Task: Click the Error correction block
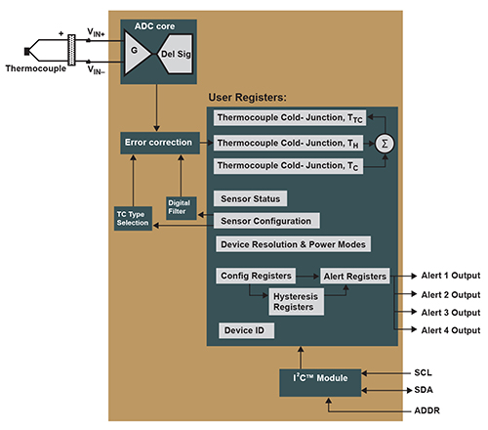[160, 143]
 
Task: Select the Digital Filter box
[182, 208]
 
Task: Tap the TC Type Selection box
[133, 218]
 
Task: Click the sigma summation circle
[385, 144]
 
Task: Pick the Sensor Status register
[250, 198]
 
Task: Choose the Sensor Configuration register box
[266, 221]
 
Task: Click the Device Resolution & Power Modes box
[293, 244]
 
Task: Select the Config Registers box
[256, 276]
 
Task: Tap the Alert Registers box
[355, 277]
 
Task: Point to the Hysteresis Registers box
[296, 302]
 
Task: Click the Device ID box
[246, 330]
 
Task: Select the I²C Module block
[320, 383]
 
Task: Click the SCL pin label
[423, 372]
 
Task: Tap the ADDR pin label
[427, 410]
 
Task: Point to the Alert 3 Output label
[451, 313]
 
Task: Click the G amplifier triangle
[135, 53]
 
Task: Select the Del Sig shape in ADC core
[175, 54]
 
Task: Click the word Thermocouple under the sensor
[36, 68]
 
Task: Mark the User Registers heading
[247, 98]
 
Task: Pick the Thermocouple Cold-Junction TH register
[288, 143]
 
